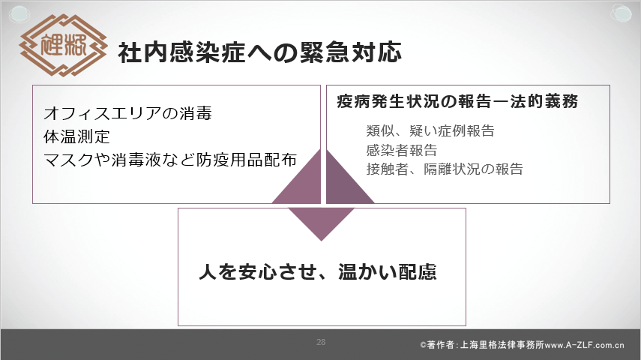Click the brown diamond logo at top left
[63, 45]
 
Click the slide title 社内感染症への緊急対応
[260, 52]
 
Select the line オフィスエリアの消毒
[127, 113]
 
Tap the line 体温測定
[77, 136]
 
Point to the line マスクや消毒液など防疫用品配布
[170, 160]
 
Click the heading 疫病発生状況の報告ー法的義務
[457, 101]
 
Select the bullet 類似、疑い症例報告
[430, 131]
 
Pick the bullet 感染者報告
[402, 150]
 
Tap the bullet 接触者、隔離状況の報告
[445, 169]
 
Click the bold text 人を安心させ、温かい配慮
[318, 271]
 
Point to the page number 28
[321, 342]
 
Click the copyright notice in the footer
[522, 345]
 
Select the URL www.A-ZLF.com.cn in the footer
[585, 345]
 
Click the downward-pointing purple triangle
[322, 221]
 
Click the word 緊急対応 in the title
[351, 52]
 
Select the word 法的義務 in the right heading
[544, 101]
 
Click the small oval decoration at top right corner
[621, 13]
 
